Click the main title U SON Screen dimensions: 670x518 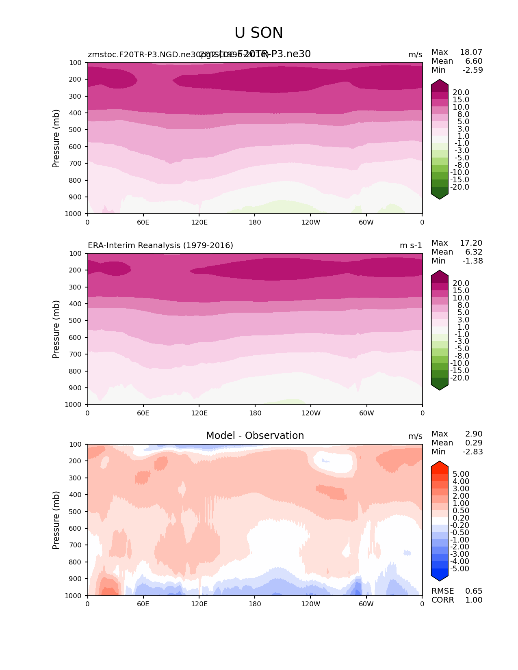pyautogui.click(x=259, y=33)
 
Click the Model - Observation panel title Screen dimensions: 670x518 pyautogui.click(x=255, y=436)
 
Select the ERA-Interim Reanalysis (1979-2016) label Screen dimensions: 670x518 pyautogui.click(x=160, y=245)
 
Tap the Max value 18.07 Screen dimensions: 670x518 pyautogui.click(x=471, y=52)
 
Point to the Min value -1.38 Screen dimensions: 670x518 pyautogui.click(x=472, y=261)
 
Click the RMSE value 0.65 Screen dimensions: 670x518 pyautogui.click(x=474, y=591)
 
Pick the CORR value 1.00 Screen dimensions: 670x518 pyautogui.click(x=474, y=600)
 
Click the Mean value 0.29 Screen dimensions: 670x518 pyautogui.click(x=474, y=443)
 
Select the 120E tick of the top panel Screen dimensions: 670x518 pyautogui.click(x=199, y=222)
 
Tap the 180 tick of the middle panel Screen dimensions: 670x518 pyautogui.click(x=255, y=413)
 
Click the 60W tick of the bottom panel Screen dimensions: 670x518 pyautogui.click(x=366, y=604)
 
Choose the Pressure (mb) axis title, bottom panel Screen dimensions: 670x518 pyautogui.click(x=56, y=520)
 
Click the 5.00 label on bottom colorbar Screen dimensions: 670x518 pyautogui.click(x=461, y=474)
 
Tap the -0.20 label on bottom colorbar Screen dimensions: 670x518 pyautogui.click(x=460, y=525)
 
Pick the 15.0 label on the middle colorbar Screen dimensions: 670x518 pyautogui.click(x=461, y=291)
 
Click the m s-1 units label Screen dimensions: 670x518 pyautogui.click(x=411, y=245)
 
